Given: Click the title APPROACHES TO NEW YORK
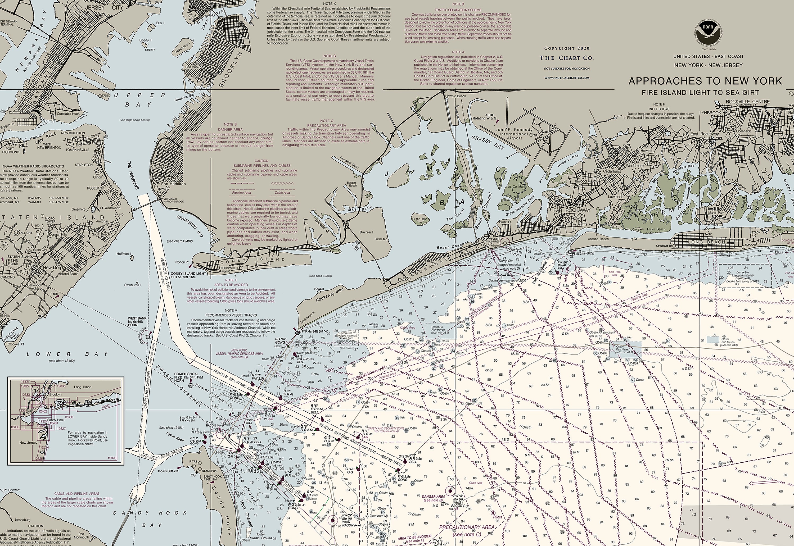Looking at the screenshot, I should [705, 81].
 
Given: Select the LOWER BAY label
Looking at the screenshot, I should [67, 354].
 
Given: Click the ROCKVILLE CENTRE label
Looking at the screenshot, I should [743, 102].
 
